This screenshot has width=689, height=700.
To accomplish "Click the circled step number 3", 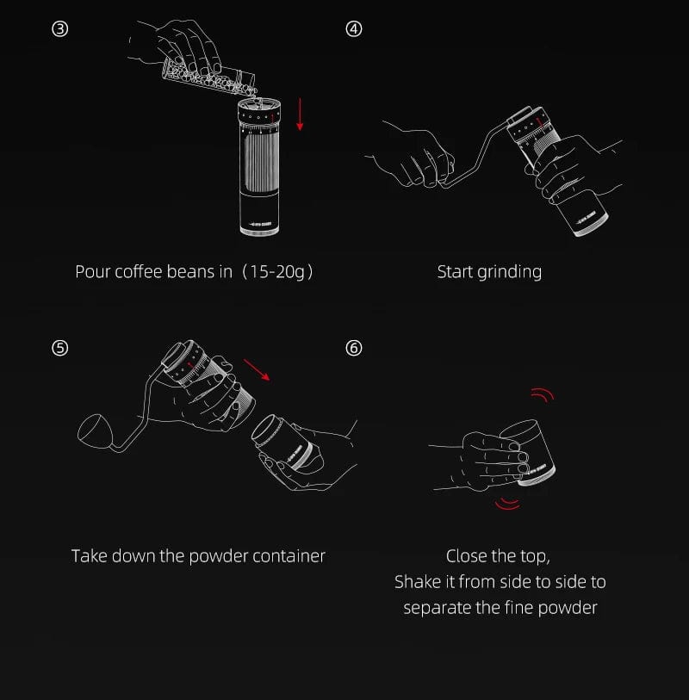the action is (59, 29).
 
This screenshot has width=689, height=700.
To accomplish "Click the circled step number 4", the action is (354, 29).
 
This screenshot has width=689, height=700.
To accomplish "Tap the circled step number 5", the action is (59, 348).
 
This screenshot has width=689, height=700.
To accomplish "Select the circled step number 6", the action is (354, 348).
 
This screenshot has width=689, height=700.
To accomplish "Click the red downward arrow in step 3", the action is (300, 115).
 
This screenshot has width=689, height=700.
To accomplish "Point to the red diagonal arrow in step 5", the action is (257, 369).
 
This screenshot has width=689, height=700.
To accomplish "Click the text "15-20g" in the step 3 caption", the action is (276, 272).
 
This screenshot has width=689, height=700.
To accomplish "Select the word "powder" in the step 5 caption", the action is (219, 556).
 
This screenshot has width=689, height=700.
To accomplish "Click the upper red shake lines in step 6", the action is (543, 394).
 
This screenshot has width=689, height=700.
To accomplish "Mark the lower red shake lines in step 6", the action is (507, 504).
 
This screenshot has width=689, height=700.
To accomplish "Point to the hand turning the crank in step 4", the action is (413, 156).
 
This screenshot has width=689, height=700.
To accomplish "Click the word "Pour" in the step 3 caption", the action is (92, 272).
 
